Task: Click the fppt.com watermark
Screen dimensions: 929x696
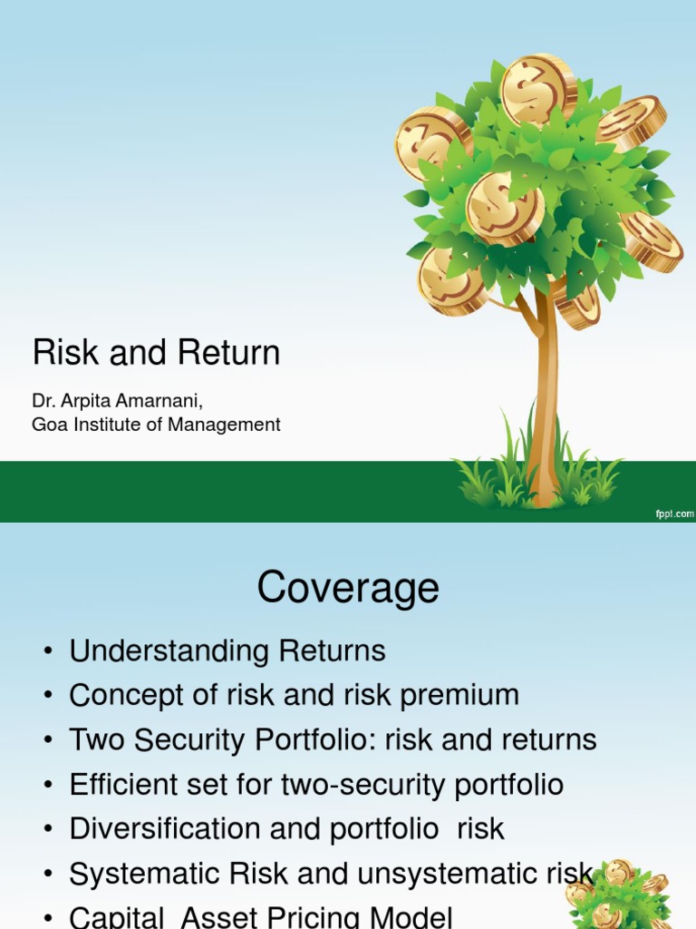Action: click(x=674, y=514)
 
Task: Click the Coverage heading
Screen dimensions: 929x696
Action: click(x=348, y=588)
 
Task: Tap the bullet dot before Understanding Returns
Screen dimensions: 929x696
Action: click(x=48, y=651)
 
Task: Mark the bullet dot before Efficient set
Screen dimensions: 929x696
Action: click(x=48, y=785)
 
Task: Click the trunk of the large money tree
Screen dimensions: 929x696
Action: click(x=544, y=399)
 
